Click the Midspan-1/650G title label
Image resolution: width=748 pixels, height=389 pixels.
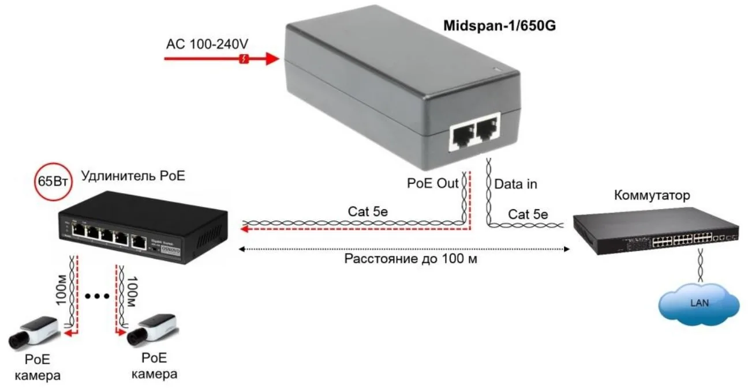499,26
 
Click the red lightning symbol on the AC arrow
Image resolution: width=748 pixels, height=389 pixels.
244,59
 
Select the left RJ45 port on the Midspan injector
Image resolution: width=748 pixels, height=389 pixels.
462,137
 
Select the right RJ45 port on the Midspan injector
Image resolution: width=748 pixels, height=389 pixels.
487,132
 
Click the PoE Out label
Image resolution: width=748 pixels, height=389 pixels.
432,184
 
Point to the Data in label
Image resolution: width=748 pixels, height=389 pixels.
516,184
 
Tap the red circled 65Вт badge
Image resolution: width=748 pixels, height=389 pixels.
53,183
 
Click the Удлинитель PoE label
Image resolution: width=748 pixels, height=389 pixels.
133,176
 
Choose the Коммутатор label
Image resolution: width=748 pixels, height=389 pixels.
652,195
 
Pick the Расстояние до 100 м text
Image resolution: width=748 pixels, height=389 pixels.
411,259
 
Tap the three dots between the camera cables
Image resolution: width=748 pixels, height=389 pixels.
96,296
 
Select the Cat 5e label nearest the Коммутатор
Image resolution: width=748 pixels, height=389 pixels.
528,214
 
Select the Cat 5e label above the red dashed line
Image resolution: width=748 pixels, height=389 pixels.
367,212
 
